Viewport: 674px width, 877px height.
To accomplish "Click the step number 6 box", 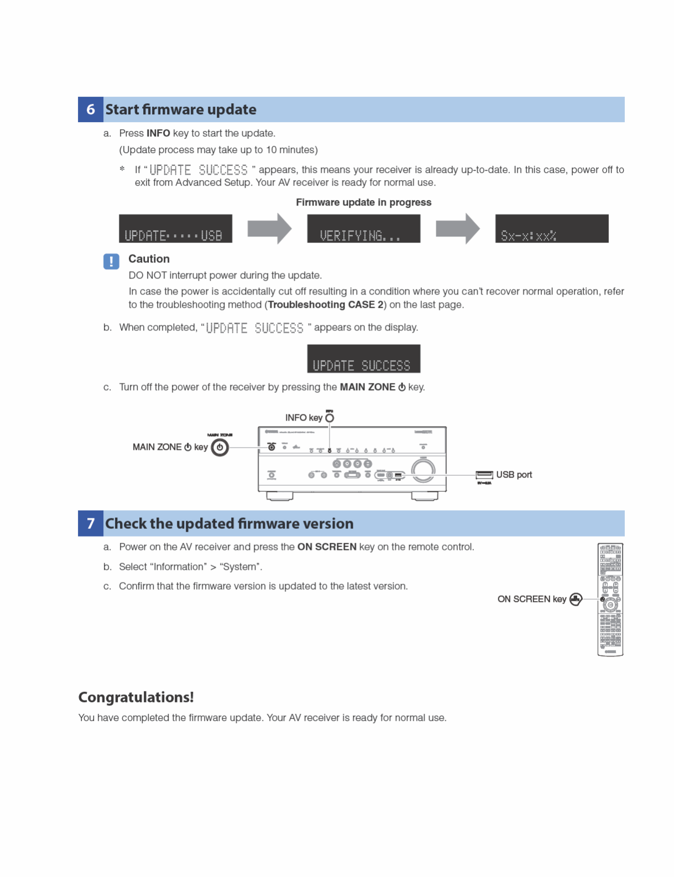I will (91, 109).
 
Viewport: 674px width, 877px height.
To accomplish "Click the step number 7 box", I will (91, 523).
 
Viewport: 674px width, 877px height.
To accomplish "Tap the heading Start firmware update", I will (181, 109).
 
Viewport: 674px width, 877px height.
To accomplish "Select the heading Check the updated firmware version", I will (229, 523).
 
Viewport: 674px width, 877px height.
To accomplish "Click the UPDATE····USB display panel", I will (175, 229).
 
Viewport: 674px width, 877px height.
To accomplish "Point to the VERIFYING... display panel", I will (363, 229).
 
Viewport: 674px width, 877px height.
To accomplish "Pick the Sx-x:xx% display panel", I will (551, 229).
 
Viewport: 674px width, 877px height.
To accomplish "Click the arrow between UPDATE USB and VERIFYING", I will (269, 228).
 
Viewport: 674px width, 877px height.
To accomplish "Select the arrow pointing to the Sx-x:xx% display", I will (458, 228).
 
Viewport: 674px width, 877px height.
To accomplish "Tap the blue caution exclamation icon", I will (111, 261).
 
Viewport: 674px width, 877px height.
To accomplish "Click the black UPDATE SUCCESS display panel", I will (363, 359).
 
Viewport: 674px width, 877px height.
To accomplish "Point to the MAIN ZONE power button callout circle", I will (220, 447).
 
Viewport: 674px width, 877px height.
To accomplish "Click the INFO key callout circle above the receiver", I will (330, 418).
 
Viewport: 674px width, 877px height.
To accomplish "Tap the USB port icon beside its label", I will (484, 475).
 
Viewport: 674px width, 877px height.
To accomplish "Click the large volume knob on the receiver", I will (423, 470).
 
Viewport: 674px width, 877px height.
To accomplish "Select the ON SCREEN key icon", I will (576, 599).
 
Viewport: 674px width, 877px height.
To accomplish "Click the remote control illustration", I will (610, 600).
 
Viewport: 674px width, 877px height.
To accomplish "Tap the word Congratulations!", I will (136, 697).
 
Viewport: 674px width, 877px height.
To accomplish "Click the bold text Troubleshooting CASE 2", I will (326, 304).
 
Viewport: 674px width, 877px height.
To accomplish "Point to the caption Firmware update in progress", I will (363, 202).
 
